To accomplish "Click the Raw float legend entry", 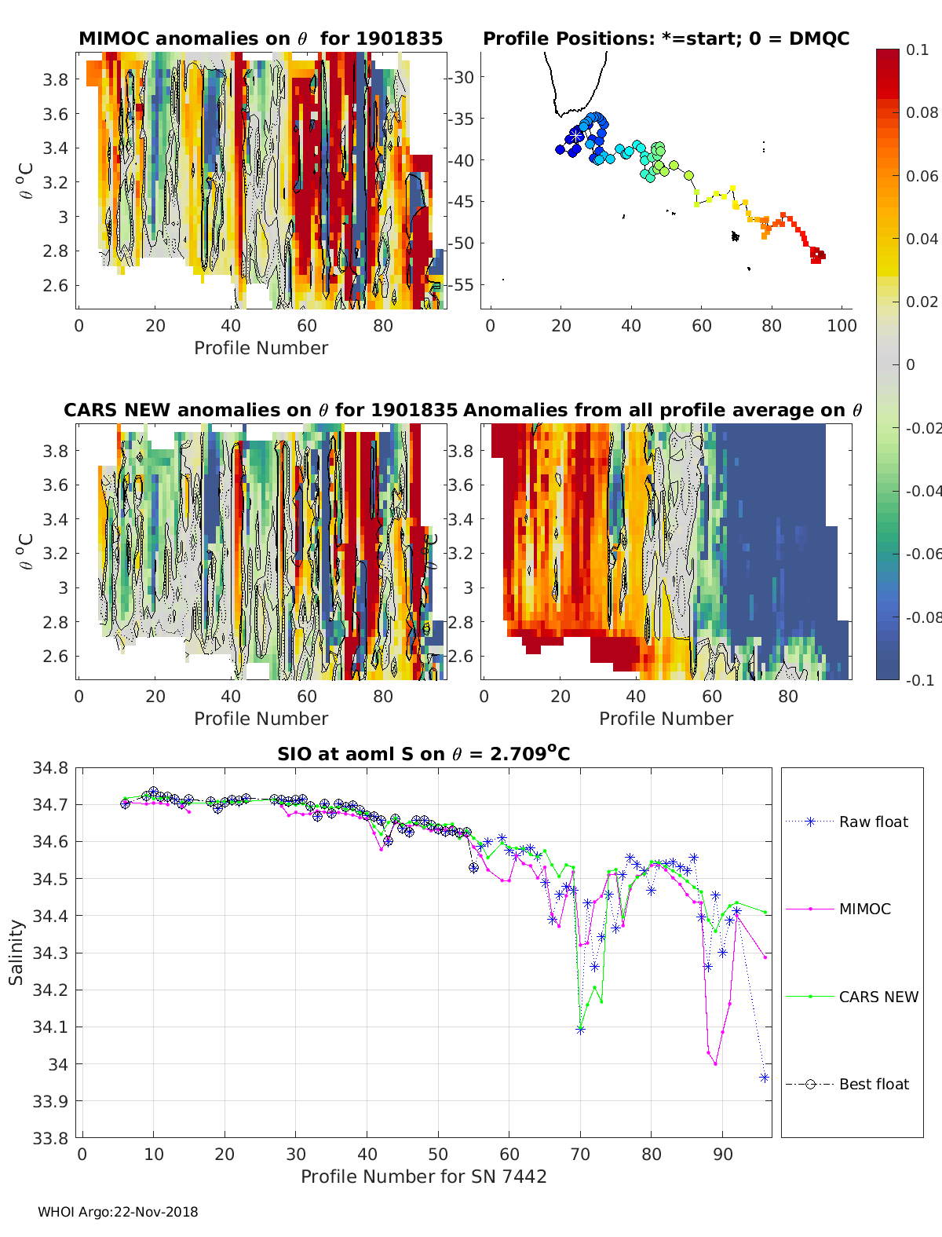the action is click(847, 822).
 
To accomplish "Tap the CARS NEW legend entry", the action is click(852, 997).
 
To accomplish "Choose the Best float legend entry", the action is click(847, 1085).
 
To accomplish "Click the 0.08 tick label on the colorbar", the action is click(922, 113).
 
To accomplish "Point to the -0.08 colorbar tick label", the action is click(923, 617).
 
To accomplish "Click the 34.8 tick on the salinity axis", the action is click(50, 768).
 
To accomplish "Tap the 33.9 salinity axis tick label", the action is click(50, 1101).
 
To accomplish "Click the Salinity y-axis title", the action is click(16, 953).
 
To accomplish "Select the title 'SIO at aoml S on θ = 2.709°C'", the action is click(423, 753).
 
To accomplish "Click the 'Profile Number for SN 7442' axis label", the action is click(423, 1177).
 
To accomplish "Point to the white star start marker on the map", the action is click(575, 136).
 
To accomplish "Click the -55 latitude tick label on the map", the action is click(462, 285).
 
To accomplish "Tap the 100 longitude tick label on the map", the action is click(842, 326).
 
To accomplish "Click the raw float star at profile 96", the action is click(764, 1078).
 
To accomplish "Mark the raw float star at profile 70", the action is click(581, 1030).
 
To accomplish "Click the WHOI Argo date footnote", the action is click(118, 1212).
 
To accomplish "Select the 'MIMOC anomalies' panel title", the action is click(261, 38).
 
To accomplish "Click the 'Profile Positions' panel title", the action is click(666, 38).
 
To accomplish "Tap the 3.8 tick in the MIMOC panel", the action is click(55, 79).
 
